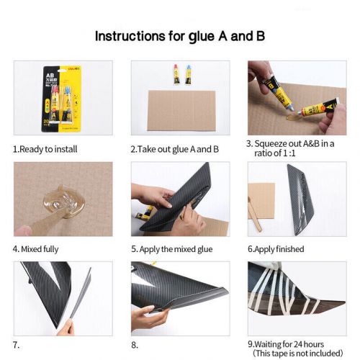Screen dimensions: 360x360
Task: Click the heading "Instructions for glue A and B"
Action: (x=180, y=37)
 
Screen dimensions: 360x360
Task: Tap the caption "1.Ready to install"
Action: (x=45, y=149)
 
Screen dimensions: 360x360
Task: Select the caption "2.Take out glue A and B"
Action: (x=175, y=149)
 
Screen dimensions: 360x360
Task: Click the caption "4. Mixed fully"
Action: (x=35, y=249)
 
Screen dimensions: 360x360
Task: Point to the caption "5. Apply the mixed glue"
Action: (x=172, y=249)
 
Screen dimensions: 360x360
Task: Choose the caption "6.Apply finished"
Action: (x=276, y=249)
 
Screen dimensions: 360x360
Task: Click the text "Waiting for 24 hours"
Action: (x=289, y=344)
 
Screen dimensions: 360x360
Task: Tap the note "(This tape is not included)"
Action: (x=298, y=354)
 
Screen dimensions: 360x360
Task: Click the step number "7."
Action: (x=16, y=345)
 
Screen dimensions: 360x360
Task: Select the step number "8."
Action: (x=135, y=345)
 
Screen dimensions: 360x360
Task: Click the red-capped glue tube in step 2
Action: (x=176, y=74)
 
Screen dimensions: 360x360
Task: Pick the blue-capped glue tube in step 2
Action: (x=189, y=75)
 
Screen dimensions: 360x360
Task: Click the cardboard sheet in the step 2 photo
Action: (x=181, y=111)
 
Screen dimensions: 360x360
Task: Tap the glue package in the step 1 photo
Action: (x=62, y=99)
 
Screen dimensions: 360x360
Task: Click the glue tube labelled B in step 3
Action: (x=278, y=92)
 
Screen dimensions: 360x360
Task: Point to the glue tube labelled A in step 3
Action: (x=319, y=107)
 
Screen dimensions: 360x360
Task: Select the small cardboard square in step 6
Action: (x=261, y=201)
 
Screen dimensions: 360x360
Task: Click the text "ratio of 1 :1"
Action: (x=275, y=153)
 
